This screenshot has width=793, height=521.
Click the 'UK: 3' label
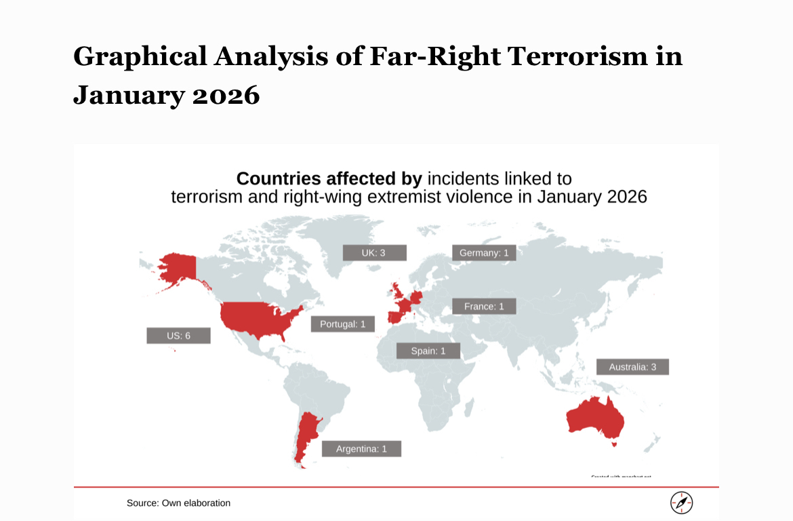[374, 253]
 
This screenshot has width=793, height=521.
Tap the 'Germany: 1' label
[483, 253]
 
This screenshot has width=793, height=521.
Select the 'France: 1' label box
[484, 307]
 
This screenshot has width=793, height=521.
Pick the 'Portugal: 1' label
[342, 324]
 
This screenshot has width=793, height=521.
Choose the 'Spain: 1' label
[428, 351]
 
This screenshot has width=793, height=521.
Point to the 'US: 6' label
[178, 336]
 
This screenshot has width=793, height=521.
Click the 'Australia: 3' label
[632, 367]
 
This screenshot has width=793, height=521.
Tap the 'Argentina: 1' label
[361, 448]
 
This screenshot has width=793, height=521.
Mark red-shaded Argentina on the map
[306, 434]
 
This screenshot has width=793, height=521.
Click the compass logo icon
[681, 503]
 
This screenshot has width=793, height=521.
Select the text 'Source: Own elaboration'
[178, 503]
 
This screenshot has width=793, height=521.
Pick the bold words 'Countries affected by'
[329, 179]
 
